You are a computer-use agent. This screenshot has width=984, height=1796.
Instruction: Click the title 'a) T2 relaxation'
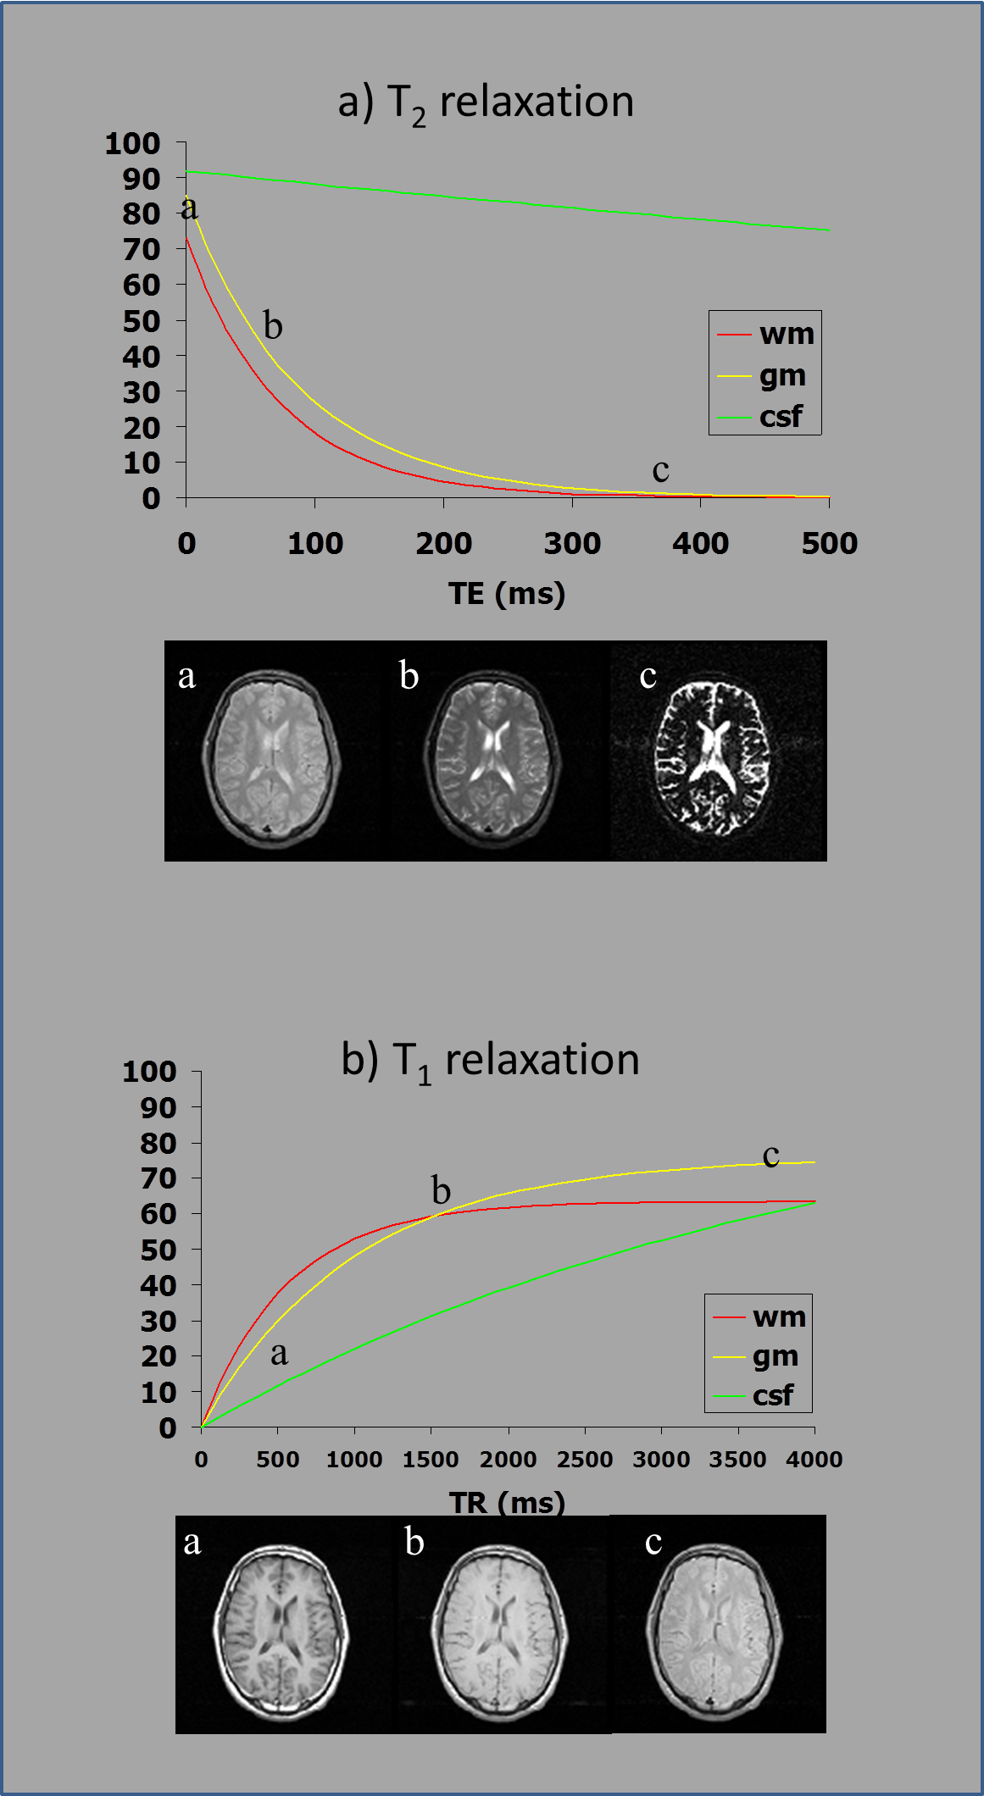tap(486, 103)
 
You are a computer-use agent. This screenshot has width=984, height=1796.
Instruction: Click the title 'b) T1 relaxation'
tap(490, 1061)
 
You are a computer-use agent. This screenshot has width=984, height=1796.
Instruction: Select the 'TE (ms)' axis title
tap(507, 593)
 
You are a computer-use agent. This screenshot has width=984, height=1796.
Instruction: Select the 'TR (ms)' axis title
tap(507, 1502)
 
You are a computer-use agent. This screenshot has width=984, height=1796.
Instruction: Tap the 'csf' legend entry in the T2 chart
tap(780, 417)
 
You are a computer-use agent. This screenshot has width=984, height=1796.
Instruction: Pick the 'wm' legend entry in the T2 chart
tap(786, 334)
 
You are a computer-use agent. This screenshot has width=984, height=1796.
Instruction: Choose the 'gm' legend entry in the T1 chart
tap(775, 1356)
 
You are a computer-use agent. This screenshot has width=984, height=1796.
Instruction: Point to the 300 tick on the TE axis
tap(572, 543)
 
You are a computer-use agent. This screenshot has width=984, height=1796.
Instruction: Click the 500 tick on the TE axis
tap(829, 543)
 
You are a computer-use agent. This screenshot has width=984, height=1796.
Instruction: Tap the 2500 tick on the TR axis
tap(585, 1460)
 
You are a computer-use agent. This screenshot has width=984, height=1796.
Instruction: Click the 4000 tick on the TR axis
tap(814, 1460)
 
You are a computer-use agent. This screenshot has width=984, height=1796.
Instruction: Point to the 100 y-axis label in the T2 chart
tap(132, 143)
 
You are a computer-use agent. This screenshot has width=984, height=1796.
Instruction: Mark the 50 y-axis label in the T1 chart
tap(158, 1250)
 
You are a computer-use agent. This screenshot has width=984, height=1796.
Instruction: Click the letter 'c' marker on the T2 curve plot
tap(660, 470)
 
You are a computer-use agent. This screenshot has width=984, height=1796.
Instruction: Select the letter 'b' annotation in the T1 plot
tap(441, 1190)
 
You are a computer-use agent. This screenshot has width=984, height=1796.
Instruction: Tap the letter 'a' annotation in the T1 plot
tap(279, 1353)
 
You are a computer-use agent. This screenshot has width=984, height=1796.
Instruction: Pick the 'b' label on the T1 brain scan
tap(414, 1542)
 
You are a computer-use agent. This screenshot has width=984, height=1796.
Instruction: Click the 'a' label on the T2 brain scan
tap(187, 676)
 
